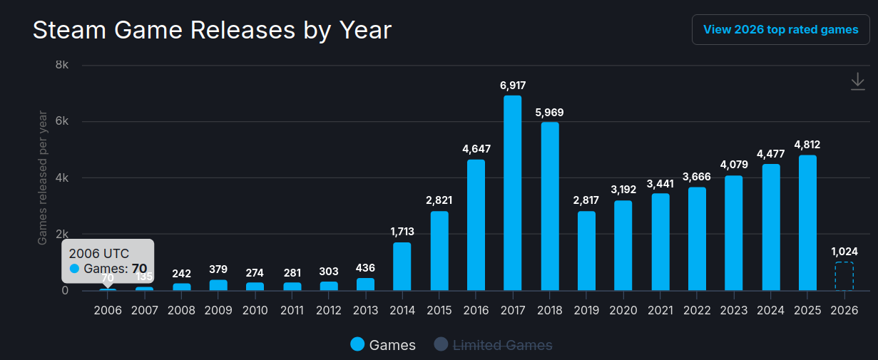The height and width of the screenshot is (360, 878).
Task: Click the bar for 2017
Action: pos(512,192)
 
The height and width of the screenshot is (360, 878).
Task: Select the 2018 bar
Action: pos(549,206)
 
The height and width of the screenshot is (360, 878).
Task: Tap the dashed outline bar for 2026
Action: pos(844,276)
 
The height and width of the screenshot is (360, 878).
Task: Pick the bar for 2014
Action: pos(402,266)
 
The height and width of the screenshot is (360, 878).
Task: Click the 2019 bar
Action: pos(586,250)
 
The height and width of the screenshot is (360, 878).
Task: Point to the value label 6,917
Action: pos(512,86)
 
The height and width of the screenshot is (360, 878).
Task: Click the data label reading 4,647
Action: pos(476,149)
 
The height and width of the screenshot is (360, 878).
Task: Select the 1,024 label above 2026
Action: pos(844,251)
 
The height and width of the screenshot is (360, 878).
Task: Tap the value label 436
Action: pos(365,268)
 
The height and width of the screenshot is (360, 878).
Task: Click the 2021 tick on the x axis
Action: pos(660,310)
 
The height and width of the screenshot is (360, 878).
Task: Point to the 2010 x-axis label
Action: pos(255,310)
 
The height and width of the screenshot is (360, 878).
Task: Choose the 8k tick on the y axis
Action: pos(62,65)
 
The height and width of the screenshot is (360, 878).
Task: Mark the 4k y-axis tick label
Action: pos(62,178)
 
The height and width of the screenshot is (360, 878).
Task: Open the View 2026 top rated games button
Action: pos(780,30)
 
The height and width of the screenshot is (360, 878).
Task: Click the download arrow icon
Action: pos(857,82)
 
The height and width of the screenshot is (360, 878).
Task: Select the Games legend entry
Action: pos(383,345)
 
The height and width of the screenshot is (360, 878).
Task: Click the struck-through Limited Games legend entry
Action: pos(494,345)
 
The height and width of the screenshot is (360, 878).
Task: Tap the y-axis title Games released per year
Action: pos(43,178)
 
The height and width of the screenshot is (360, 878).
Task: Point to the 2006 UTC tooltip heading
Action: pos(99,253)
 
